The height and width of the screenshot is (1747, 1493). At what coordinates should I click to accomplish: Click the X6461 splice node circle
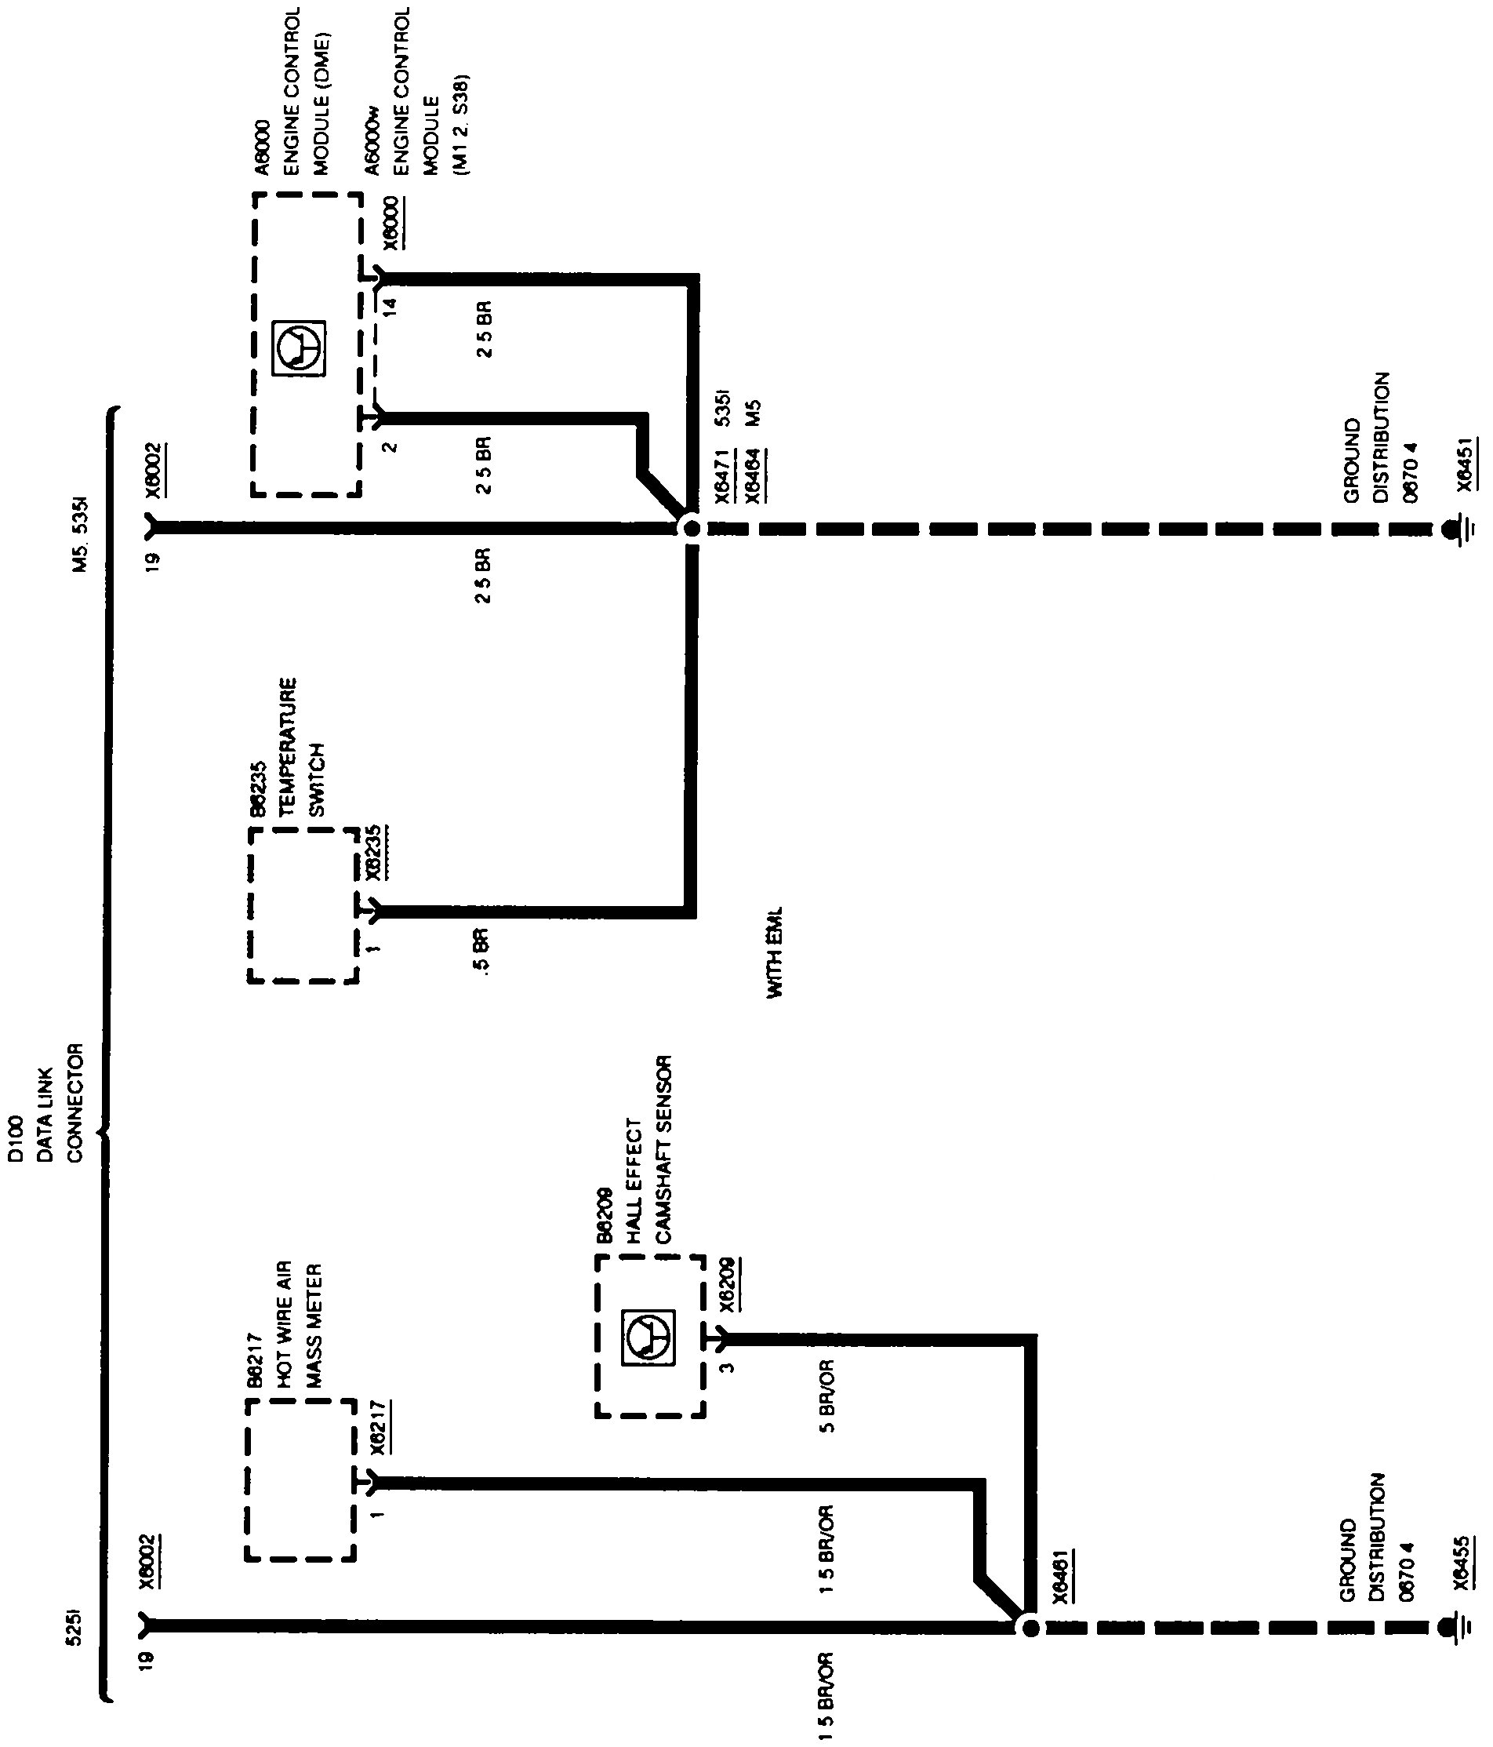pos(1030,1626)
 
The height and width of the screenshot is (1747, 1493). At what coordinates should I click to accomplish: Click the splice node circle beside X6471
pos(692,529)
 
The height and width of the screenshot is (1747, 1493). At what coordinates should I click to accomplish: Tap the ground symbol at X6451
pos(1451,529)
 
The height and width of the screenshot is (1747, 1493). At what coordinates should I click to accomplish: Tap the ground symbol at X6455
pos(1451,1626)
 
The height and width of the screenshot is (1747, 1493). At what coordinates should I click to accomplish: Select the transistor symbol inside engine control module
pos(300,347)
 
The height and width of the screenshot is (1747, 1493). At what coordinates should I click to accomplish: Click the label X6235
pos(372,853)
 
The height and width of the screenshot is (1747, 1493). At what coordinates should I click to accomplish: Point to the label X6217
pos(379,1427)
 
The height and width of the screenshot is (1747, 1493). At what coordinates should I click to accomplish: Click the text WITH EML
pos(775,953)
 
